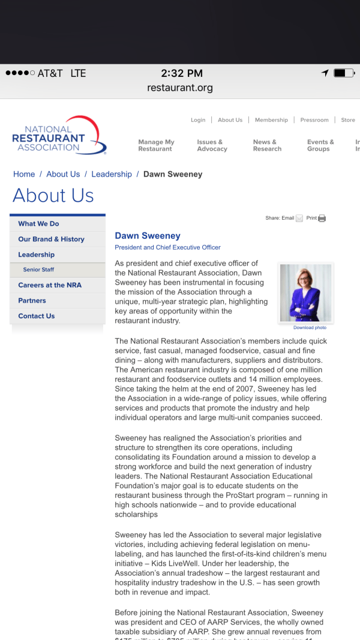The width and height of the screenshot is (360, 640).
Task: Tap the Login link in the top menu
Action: [198, 120]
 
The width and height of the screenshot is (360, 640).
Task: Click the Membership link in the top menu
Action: [271, 120]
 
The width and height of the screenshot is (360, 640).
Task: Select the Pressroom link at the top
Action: [314, 120]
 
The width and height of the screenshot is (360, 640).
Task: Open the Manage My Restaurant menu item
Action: [156, 145]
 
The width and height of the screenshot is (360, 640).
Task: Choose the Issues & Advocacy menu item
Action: [212, 145]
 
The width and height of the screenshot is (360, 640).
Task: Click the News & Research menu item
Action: [267, 145]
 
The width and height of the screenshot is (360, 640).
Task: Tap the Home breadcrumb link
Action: [24, 174]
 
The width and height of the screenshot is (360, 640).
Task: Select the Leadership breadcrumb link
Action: [112, 174]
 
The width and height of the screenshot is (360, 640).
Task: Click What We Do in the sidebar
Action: [38, 223]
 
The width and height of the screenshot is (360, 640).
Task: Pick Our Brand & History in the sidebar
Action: [51, 239]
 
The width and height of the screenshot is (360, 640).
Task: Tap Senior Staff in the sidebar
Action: [38, 270]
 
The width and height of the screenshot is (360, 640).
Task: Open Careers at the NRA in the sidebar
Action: [50, 285]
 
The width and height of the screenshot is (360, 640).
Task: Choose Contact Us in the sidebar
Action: [36, 316]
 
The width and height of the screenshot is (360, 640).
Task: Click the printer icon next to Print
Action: [322, 219]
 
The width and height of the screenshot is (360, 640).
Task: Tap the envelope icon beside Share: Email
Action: [299, 219]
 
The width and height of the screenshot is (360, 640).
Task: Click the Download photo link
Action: [310, 328]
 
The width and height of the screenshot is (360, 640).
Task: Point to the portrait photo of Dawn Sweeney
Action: [306, 293]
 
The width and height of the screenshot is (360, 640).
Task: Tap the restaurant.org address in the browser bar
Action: [180, 88]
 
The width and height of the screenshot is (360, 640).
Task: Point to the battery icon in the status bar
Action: [343, 73]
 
